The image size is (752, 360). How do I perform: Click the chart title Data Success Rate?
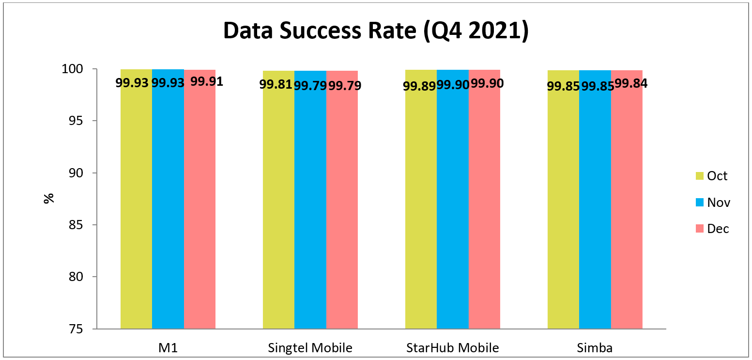375,31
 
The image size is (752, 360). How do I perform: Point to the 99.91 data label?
207,81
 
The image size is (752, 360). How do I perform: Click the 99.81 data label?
276,85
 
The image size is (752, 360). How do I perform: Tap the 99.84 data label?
631,83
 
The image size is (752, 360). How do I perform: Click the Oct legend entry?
711,176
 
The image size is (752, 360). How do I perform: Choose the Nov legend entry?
712,203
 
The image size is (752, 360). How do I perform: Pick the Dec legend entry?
712,229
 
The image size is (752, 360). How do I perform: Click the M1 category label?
168,348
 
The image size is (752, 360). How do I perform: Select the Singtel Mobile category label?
310,348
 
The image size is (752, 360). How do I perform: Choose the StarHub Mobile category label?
452,348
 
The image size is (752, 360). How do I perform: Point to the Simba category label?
595,348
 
